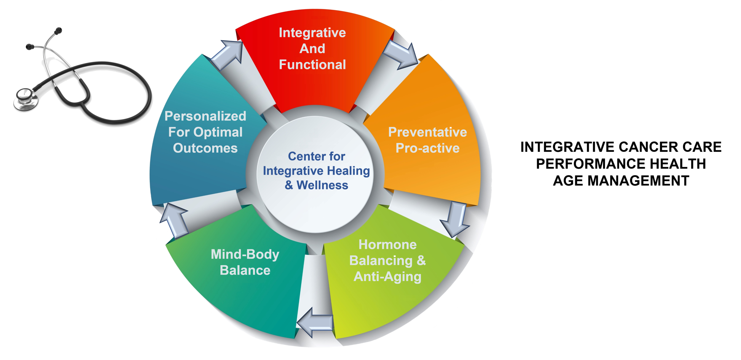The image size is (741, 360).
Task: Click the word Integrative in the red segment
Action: (x=312, y=33)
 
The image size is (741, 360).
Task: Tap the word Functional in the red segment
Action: (x=312, y=65)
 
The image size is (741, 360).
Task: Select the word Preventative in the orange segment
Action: (x=427, y=132)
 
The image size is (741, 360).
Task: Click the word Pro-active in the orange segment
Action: (x=427, y=148)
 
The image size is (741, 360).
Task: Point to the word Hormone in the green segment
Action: (x=387, y=245)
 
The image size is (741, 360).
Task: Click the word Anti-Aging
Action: (x=387, y=277)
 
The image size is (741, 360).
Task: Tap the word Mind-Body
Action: (x=245, y=254)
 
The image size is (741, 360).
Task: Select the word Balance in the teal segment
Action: (x=245, y=270)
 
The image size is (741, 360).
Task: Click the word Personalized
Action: (x=205, y=116)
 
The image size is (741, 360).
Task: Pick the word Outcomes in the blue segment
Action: (x=205, y=148)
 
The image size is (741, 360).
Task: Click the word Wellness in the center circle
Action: (x=322, y=185)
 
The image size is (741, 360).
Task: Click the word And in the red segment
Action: (x=312, y=49)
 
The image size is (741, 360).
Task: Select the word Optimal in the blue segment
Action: (x=218, y=132)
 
